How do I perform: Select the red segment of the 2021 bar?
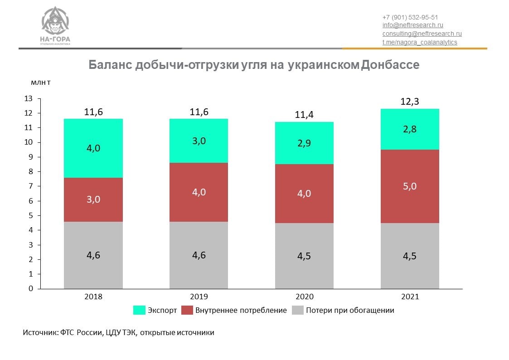pos(410,199)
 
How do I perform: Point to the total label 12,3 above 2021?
pos(410,102)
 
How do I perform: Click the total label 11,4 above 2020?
pos(305,115)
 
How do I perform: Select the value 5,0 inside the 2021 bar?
pos(410,186)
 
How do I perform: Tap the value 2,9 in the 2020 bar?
pos(305,143)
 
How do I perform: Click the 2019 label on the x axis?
pos(199,297)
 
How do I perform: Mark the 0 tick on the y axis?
pos(31,288)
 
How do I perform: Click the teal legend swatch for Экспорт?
pos(139,310)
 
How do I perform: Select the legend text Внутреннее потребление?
pos(241,310)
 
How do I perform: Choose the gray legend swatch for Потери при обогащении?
pos(297,310)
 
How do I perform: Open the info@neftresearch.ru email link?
pos(412,25)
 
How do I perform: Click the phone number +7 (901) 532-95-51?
pos(410,17)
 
